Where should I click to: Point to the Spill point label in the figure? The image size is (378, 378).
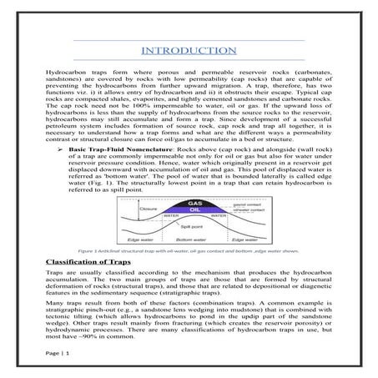click(x=193, y=226)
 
